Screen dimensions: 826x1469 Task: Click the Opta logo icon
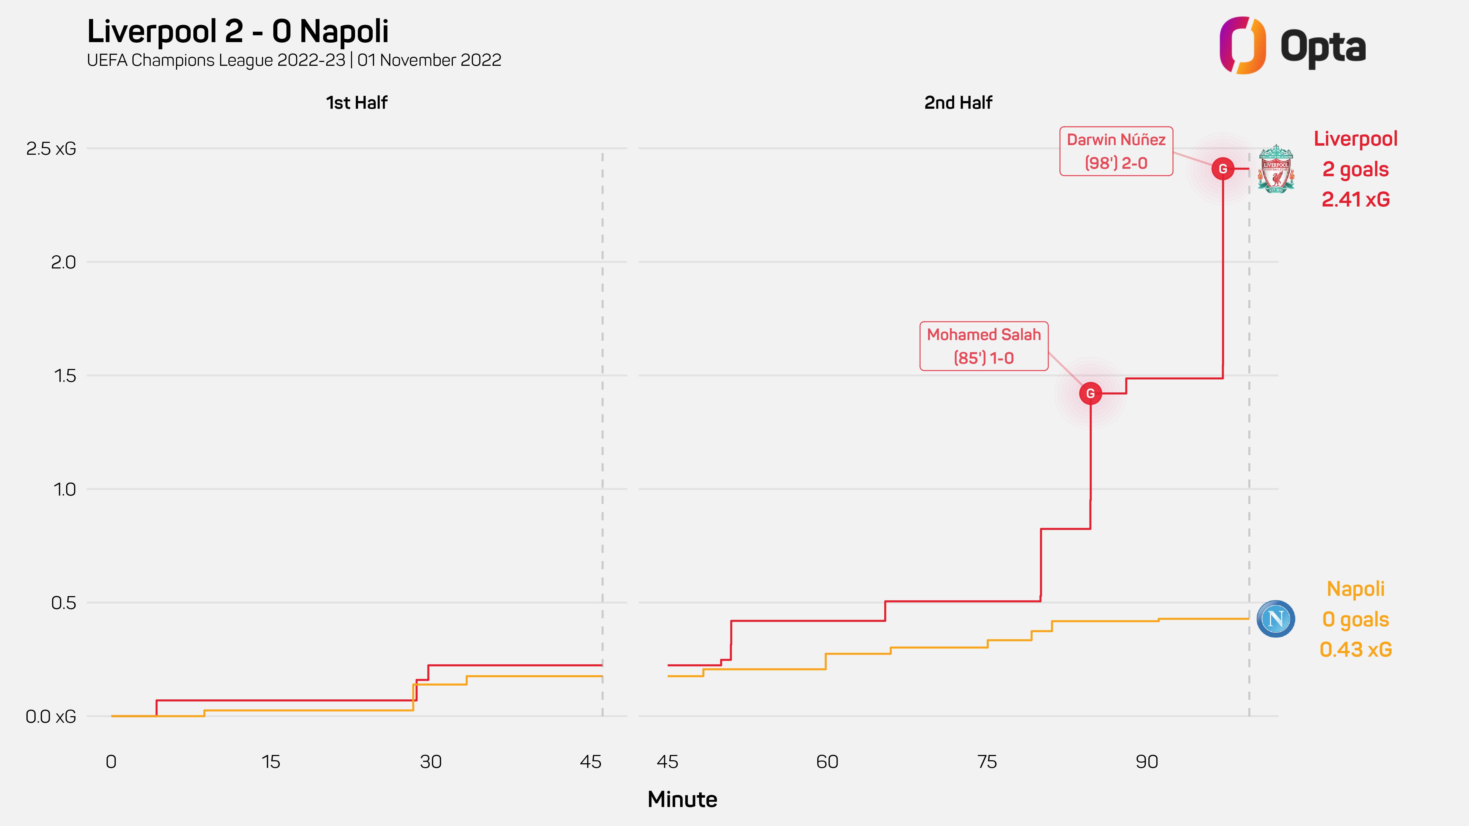pyautogui.click(x=1242, y=46)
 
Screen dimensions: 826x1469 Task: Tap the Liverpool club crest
pyautogui.click(x=1276, y=169)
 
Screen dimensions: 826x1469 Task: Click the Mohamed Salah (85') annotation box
pyautogui.click(x=984, y=346)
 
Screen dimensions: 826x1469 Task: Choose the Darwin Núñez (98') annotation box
pyautogui.click(x=1116, y=151)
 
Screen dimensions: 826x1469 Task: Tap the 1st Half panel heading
pyautogui.click(x=356, y=103)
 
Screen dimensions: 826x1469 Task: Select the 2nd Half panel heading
pyautogui.click(x=958, y=103)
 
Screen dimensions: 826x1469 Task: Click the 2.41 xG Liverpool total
pyautogui.click(x=1356, y=200)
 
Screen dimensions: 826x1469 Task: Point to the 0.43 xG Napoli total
pyautogui.click(x=1356, y=649)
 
